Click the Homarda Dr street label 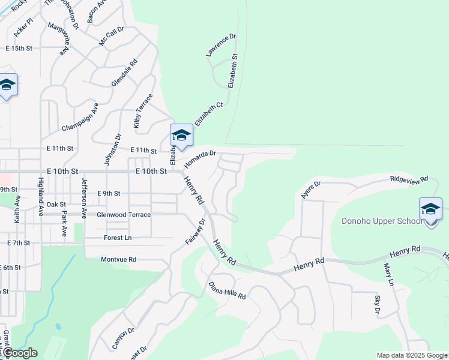coord(200,159)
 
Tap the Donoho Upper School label coord(382,221)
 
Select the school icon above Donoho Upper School coord(430,209)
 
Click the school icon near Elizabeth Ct coord(181,136)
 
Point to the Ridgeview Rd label coord(409,179)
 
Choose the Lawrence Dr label coord(221,45)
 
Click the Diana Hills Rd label coord(228,290)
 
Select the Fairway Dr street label coord(195,231)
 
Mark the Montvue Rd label coord(119,259)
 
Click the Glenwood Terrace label coord(124,214)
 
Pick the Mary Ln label coord(391,274)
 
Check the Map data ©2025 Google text coord(412,355)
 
